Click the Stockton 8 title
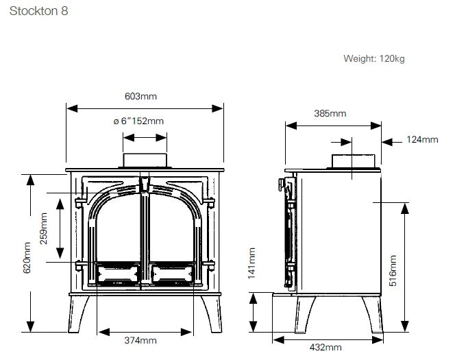click(x=38, y=11)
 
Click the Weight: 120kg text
click(x=373, y=59)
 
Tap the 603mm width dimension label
click(x=140, y=96)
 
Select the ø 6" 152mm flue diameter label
click(x=138, y=121)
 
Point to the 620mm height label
click(x=27, y=258)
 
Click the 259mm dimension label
click(x=44, y=228)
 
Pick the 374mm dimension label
click(x=140, y=340)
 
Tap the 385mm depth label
click(x=330, y=113)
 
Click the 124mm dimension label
click(x=422, y=139)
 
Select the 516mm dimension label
click(x=393, y=271)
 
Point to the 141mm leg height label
click(x=251, y=263)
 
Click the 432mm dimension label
click(x=325, y=347)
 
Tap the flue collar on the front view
click(x=145, y=160)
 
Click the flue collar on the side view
click(x=354, y=161)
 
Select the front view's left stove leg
click(x=77, y=314)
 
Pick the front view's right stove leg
click(x=212, y=314)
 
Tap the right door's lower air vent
click(x=172, y=274)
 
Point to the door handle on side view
click(x=281, y=184)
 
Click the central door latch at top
click(x=145, y=184)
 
